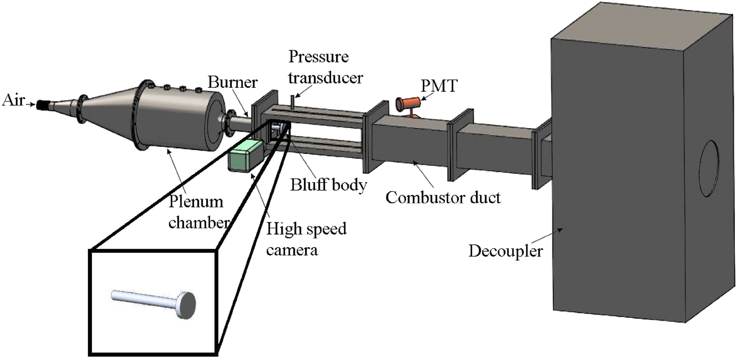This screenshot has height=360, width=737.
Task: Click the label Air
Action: pos(13,100)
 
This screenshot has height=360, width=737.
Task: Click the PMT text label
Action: pos(439,86)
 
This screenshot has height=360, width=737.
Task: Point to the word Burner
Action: pos(232,82)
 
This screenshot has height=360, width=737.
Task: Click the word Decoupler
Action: pos(505,251)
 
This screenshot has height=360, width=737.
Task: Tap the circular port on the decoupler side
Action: pos(709,169)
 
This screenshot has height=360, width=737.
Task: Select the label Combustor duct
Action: pos(443,197)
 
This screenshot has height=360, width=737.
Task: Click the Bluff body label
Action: pos(329,184)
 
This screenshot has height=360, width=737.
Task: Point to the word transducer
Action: pos(325,77)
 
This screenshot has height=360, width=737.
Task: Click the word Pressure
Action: pos(319,57)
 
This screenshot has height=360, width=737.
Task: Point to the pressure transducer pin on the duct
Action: pos(293,102)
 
